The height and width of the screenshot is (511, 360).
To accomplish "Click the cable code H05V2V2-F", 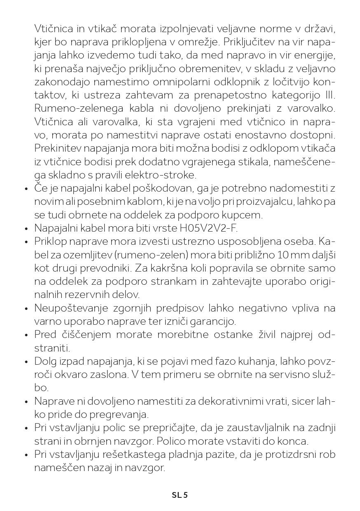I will click(x=208, y=228).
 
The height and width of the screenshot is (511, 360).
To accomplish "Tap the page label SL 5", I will click(x=180, y=495).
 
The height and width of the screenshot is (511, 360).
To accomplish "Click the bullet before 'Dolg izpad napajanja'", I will click(x=26, y=362).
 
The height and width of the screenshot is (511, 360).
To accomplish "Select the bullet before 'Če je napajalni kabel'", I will click(x=26, y=189).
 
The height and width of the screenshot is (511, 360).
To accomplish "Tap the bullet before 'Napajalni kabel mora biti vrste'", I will click(x=26, y=228).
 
